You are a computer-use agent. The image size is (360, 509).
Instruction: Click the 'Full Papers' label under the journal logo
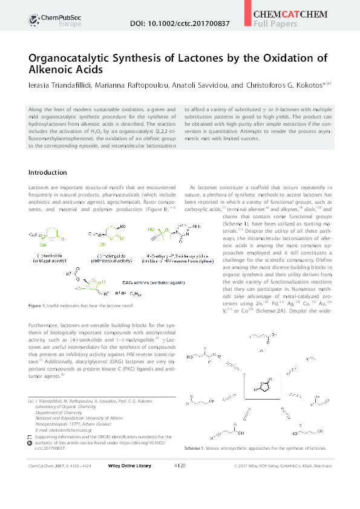275,24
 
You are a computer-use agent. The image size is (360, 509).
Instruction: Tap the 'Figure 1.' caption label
39,306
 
